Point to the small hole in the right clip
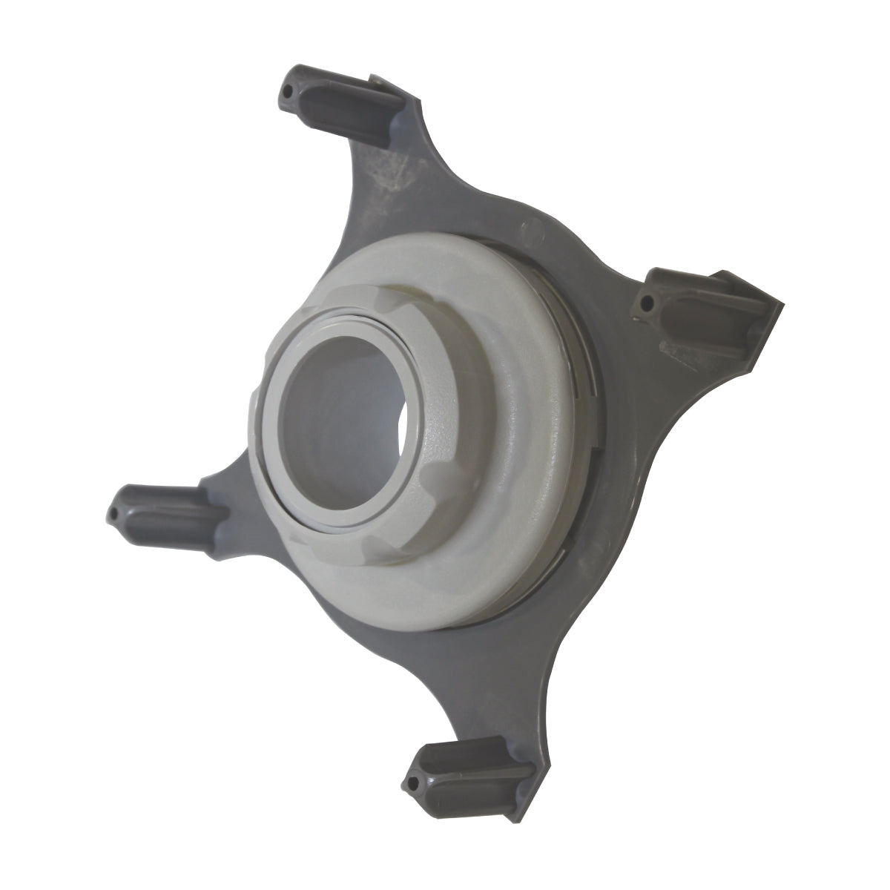649,302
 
